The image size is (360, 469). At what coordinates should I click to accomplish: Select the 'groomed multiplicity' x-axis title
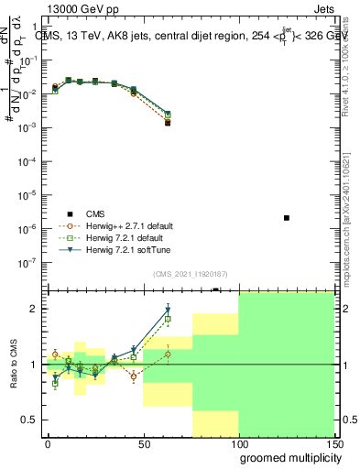285,456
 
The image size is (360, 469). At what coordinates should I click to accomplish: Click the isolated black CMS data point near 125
287,218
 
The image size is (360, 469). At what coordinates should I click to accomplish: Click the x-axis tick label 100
239,443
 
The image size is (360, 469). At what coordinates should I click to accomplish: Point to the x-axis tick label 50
143,443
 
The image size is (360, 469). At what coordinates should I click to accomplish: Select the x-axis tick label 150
334,443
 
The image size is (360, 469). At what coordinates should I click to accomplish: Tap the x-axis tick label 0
48,443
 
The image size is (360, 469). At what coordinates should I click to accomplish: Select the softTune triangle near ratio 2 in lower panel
168,310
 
